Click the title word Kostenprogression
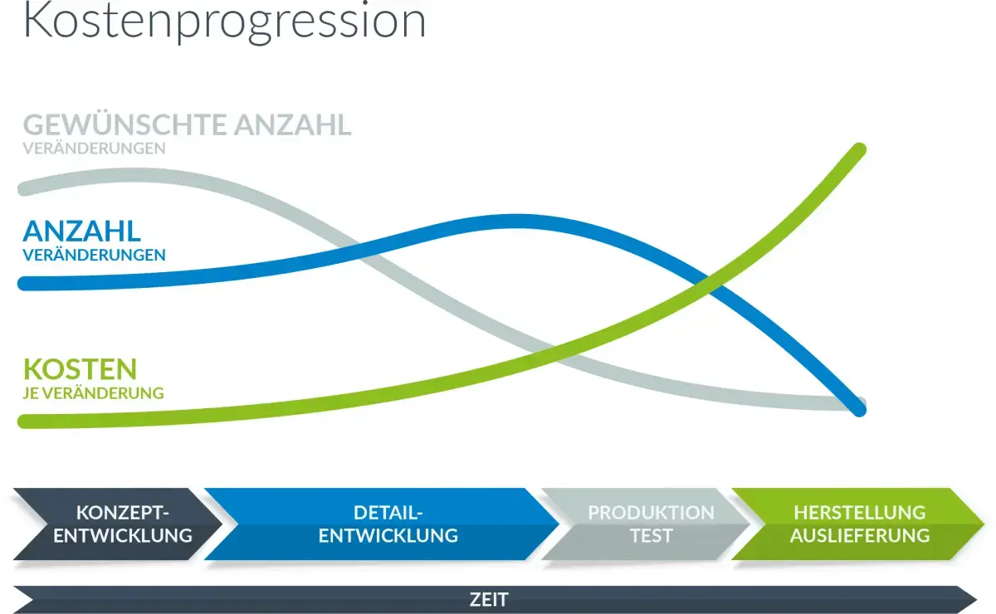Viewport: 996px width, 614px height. point(225,22)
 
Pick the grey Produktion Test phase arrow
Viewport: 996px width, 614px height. point(646,524)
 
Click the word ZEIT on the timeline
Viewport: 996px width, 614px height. point(489,600)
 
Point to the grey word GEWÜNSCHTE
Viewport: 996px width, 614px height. point(124,124)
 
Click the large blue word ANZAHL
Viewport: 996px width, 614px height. point(82,231)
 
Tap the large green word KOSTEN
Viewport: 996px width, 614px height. point(80,369)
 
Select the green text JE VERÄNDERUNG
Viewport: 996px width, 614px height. point(93,393)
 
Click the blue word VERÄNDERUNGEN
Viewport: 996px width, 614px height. point(95,255)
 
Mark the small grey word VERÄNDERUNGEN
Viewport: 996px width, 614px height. point(95,148)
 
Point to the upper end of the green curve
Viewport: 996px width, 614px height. point(860,149)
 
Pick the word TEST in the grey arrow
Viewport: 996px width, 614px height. point(652,536)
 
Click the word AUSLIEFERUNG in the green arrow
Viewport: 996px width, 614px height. point(860,536)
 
